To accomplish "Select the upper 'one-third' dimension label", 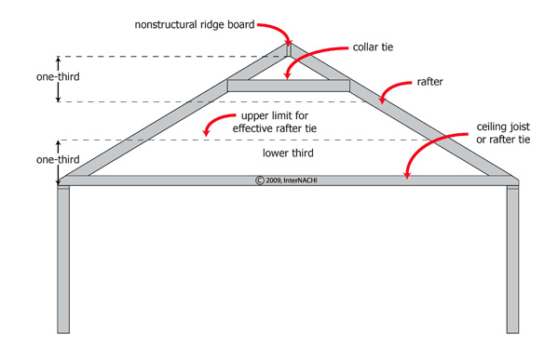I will pos(30,78).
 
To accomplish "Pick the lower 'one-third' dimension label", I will pos(30,160).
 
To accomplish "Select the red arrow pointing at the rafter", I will pos(395,90).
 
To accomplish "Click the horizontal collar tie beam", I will pos(289,86).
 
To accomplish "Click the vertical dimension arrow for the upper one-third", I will pos(59,78).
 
